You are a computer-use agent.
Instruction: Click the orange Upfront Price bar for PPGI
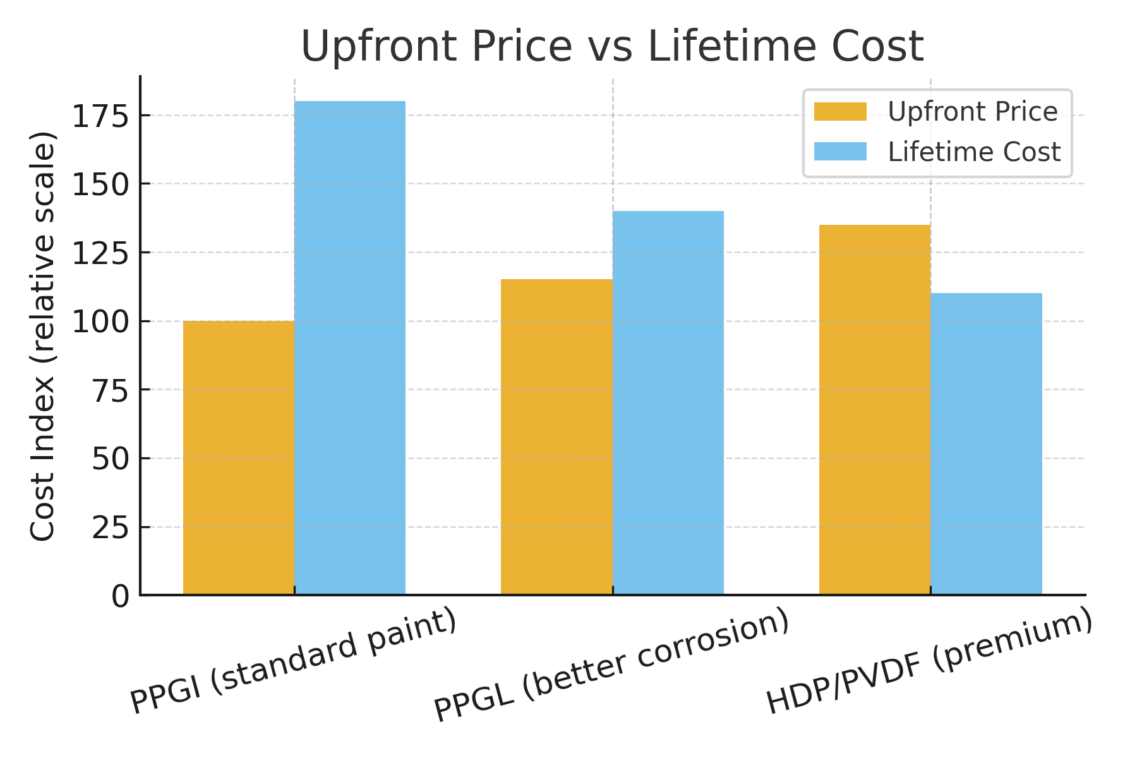tap(239, 458)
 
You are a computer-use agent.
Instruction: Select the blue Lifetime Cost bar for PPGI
tap(350, 347)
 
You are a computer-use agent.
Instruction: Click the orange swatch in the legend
tap(840, 111)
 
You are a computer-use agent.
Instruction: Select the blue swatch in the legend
tap(840, 152)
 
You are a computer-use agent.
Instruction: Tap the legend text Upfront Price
tap(973, 112)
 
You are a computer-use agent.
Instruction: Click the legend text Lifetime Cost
tap(974, 152)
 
